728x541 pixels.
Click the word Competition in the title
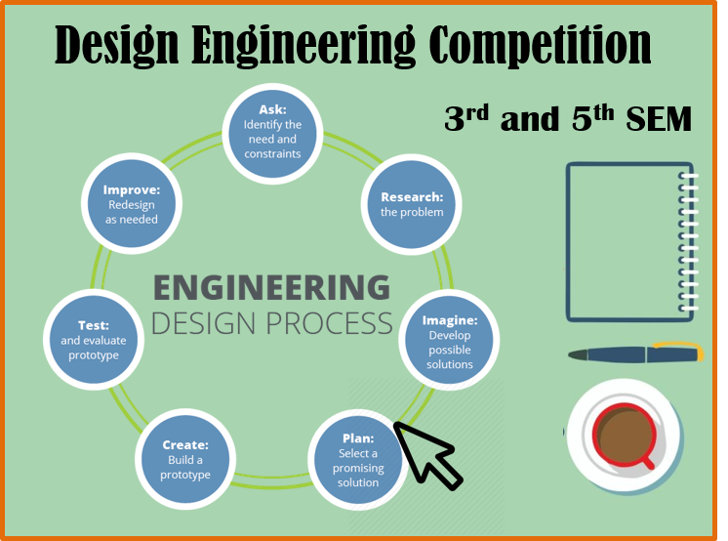(x=540, y=44)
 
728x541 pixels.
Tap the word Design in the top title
(x=116, y=46)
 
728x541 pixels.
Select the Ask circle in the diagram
(x=272, y=134)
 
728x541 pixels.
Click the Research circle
(x=412, y=204)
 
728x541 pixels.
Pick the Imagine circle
(x=449, y=340)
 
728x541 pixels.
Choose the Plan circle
(x=358, y=459)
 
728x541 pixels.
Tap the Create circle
(x=185, y=459)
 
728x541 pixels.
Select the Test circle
(x=94, y=340)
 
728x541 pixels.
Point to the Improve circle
(x=132, y=203)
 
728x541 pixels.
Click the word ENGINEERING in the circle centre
(x=271, y=288)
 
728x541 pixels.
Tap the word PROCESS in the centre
(x=330, y=323)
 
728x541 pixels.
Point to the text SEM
(x=659, y=119)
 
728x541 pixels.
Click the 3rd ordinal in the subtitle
(x=466, y=118)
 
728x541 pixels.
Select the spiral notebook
(x=632, y=241)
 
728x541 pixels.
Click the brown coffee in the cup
(x=624, y=436)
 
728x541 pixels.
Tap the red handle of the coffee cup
(x=646, y=462)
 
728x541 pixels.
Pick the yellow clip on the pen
(x=680, y=350)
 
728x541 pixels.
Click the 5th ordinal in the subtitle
(x=593, y=118)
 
